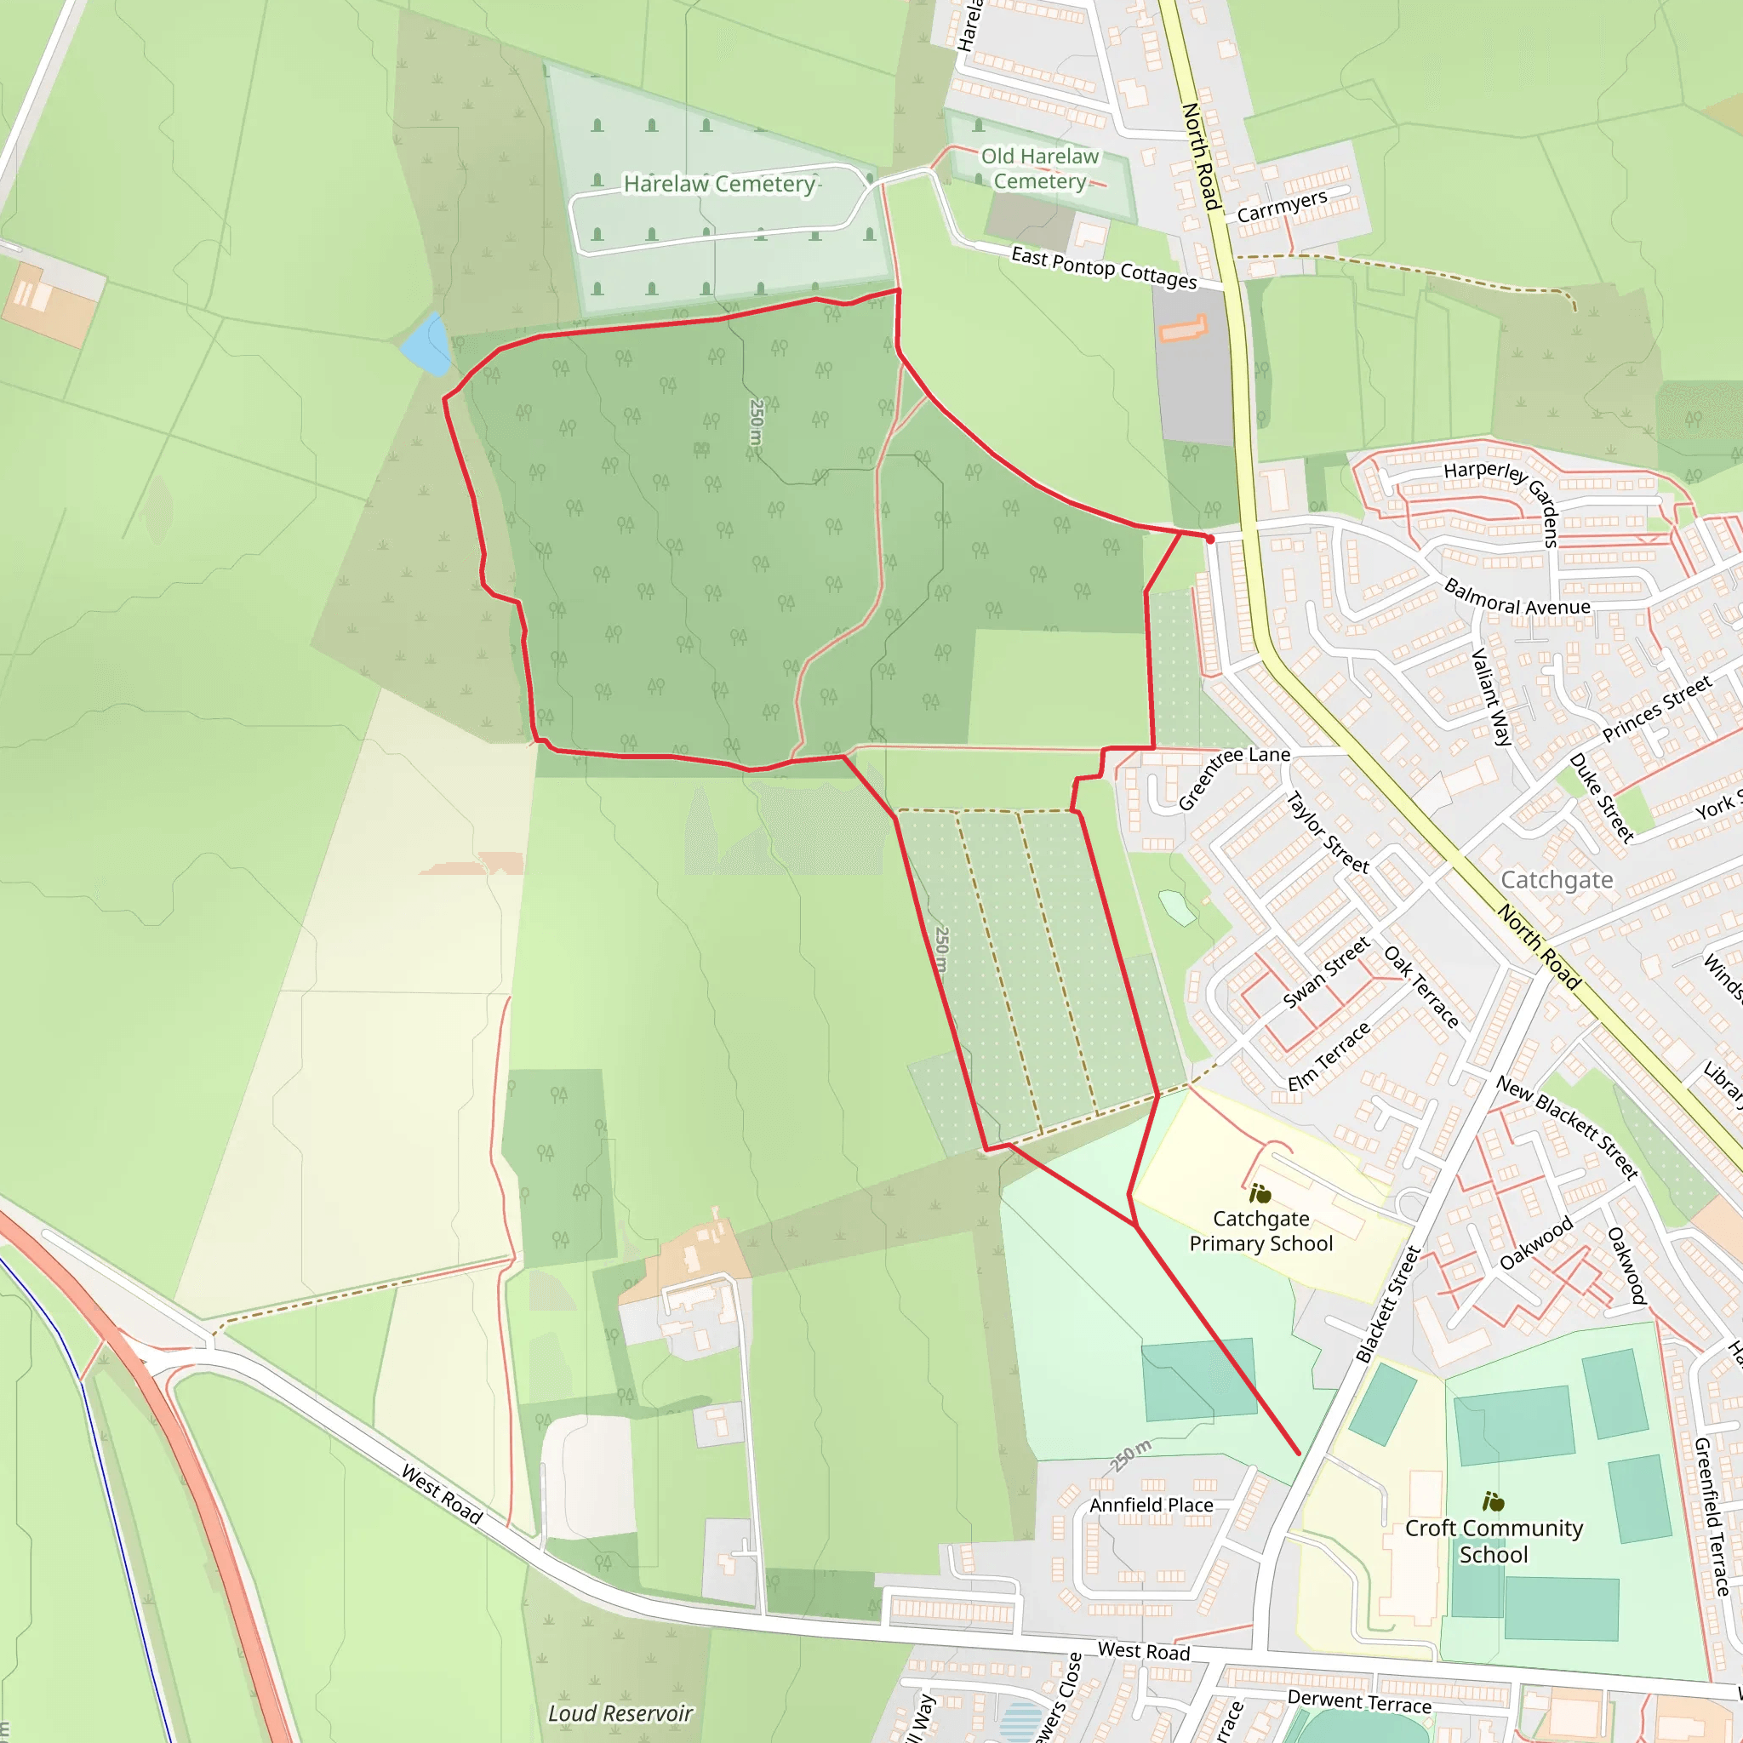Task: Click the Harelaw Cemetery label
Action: point(719,184)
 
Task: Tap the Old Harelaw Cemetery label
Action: point(1039,169)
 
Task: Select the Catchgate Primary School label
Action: point(1260,1231)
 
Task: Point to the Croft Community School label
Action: point(1493,1541)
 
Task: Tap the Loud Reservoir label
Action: point(620,1712)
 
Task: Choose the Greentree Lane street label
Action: point(1233,777)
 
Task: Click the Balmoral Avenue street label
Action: point(1517,598)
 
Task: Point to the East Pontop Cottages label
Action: point(1103,268)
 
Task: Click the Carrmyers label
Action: point(1281,207)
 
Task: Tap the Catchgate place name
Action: point(1557,880)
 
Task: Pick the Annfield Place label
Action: point(1151,1505)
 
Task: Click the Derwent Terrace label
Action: point(1358,1701)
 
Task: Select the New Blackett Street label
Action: point(1567,1127)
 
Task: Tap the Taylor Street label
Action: point(1327,831)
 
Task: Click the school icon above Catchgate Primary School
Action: point(1260,1194)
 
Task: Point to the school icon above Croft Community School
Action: point(1493,1502)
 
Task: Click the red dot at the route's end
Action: point(1210,540)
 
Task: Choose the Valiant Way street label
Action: point(1492,696)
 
